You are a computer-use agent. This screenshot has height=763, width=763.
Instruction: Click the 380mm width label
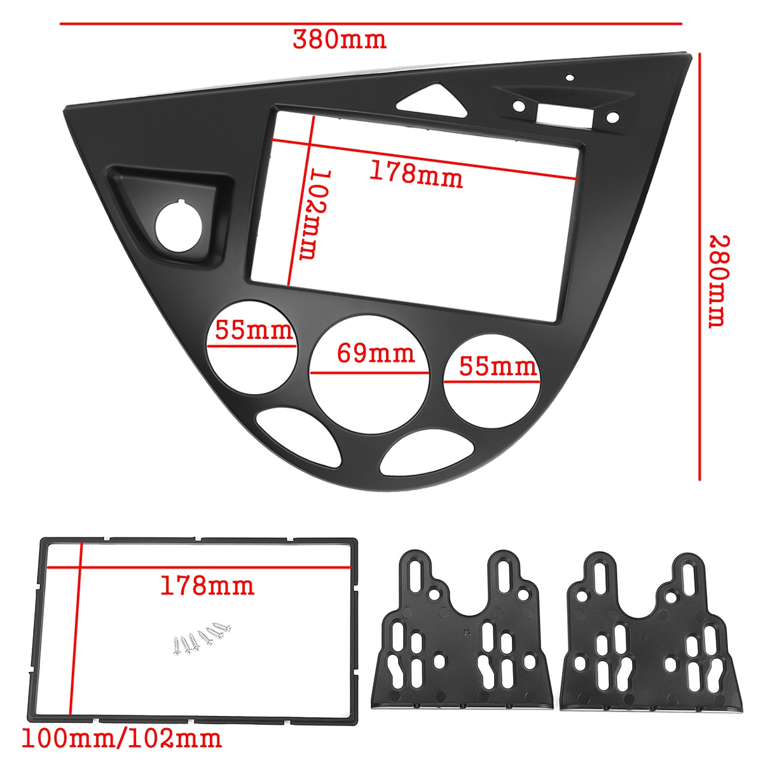pyautogui.click(x=339, y=40)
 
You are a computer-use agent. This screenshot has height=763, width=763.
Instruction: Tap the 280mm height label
pyautogui.click(x=719, y=281)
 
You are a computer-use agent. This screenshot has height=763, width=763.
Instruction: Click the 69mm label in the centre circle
pyautogui.click(x=375, y=354)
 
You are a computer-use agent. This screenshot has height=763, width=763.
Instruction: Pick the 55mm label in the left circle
pyautogui.click(x=254, y=331)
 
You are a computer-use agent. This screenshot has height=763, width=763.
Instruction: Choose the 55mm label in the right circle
pyautogui.click(x=498, y=367)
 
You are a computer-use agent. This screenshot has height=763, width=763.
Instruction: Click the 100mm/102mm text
pyautogui.click(x=122, y=739)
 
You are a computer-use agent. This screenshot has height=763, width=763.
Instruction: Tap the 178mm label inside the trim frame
pyautogui.click(x=207, y=585)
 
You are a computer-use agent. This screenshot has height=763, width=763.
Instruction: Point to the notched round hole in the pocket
pyautogui.click(x=179, y=226)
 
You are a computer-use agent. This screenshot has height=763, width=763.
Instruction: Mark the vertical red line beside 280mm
pyautogui.click(x=699, y=267)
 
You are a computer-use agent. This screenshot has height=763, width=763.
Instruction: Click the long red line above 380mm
pyautogui.click(x=371, y=24)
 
